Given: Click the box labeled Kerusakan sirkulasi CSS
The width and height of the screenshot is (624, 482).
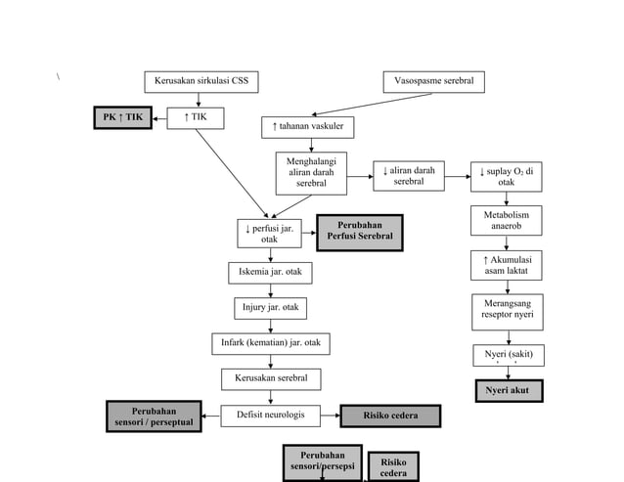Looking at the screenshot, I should click(x=201, y=81).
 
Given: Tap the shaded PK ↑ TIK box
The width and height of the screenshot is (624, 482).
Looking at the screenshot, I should click(x=123, y=118).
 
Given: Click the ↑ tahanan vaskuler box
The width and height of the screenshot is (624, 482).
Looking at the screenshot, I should click(x=307, y=127).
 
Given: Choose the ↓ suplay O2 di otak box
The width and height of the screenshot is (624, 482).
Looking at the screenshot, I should click(x=506, y=176).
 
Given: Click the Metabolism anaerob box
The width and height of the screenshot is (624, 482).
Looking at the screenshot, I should click(x=506, y=220).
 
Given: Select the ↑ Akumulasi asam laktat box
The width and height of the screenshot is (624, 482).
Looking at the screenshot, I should click(x=506, y=265).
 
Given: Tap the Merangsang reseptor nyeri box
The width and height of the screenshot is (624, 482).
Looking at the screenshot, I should click(x=506, y=311).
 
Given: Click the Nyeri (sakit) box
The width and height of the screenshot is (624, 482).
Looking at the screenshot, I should click(x=508, y=354).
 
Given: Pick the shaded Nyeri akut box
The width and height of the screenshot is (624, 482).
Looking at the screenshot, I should click(x=508, y=391).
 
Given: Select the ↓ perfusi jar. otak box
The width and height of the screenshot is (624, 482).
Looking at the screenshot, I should click(x=269, y=234).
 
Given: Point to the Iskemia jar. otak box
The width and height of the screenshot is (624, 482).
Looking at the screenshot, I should click(x=271, y=271).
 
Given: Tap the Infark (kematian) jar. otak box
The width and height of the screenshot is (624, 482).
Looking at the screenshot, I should click(x=271, y=344).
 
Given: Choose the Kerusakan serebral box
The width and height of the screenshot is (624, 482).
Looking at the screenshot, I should click(x=270, y=378).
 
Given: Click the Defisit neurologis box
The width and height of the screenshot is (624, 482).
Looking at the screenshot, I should click(x=270, y=416).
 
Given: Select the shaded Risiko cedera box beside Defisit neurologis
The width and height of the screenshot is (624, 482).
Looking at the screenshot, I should click(x=390, y=416).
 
